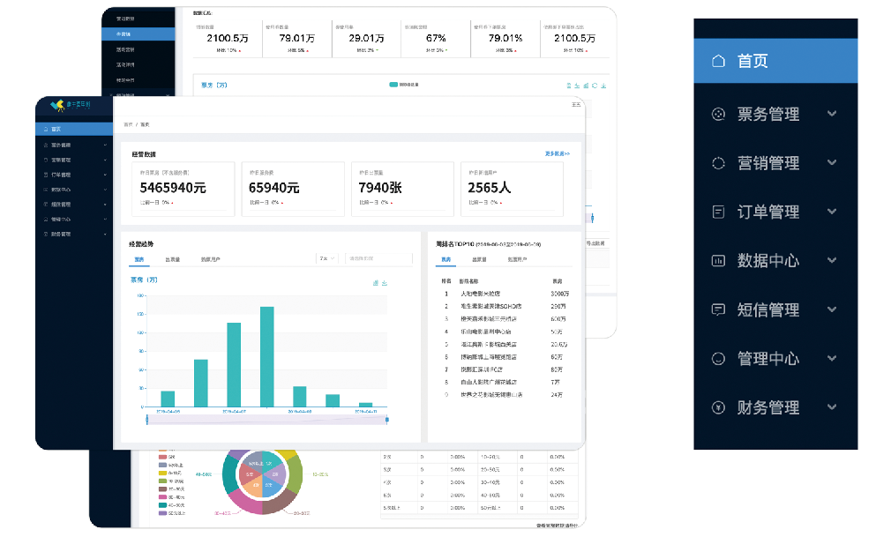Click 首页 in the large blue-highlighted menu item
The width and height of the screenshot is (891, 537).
point(752,61)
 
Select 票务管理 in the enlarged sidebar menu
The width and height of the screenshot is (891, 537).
point(767,114)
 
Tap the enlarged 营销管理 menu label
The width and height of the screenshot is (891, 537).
point(767,163)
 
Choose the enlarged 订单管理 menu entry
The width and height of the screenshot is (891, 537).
point(767,212)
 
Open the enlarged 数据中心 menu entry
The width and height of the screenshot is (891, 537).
point(767,261)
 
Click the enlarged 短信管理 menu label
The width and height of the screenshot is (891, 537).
point(767,310)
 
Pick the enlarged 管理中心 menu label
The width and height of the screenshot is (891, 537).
point(767,359)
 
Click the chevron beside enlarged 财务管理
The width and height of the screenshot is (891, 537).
point(831,407)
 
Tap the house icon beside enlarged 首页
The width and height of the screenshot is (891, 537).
point(718,61)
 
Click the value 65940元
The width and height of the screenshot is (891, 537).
point(273,188)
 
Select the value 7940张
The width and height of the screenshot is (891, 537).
point(379,188)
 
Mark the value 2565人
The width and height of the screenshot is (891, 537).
point(489,188)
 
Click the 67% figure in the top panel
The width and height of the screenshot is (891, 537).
point(436,38)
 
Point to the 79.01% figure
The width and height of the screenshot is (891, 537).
point(505,38)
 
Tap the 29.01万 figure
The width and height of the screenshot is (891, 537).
point(366,38)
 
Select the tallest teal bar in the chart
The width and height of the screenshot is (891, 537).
point(266,356)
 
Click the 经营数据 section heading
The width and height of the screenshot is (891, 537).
point(143,154)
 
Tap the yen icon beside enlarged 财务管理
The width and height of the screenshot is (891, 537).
point(718,407)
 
